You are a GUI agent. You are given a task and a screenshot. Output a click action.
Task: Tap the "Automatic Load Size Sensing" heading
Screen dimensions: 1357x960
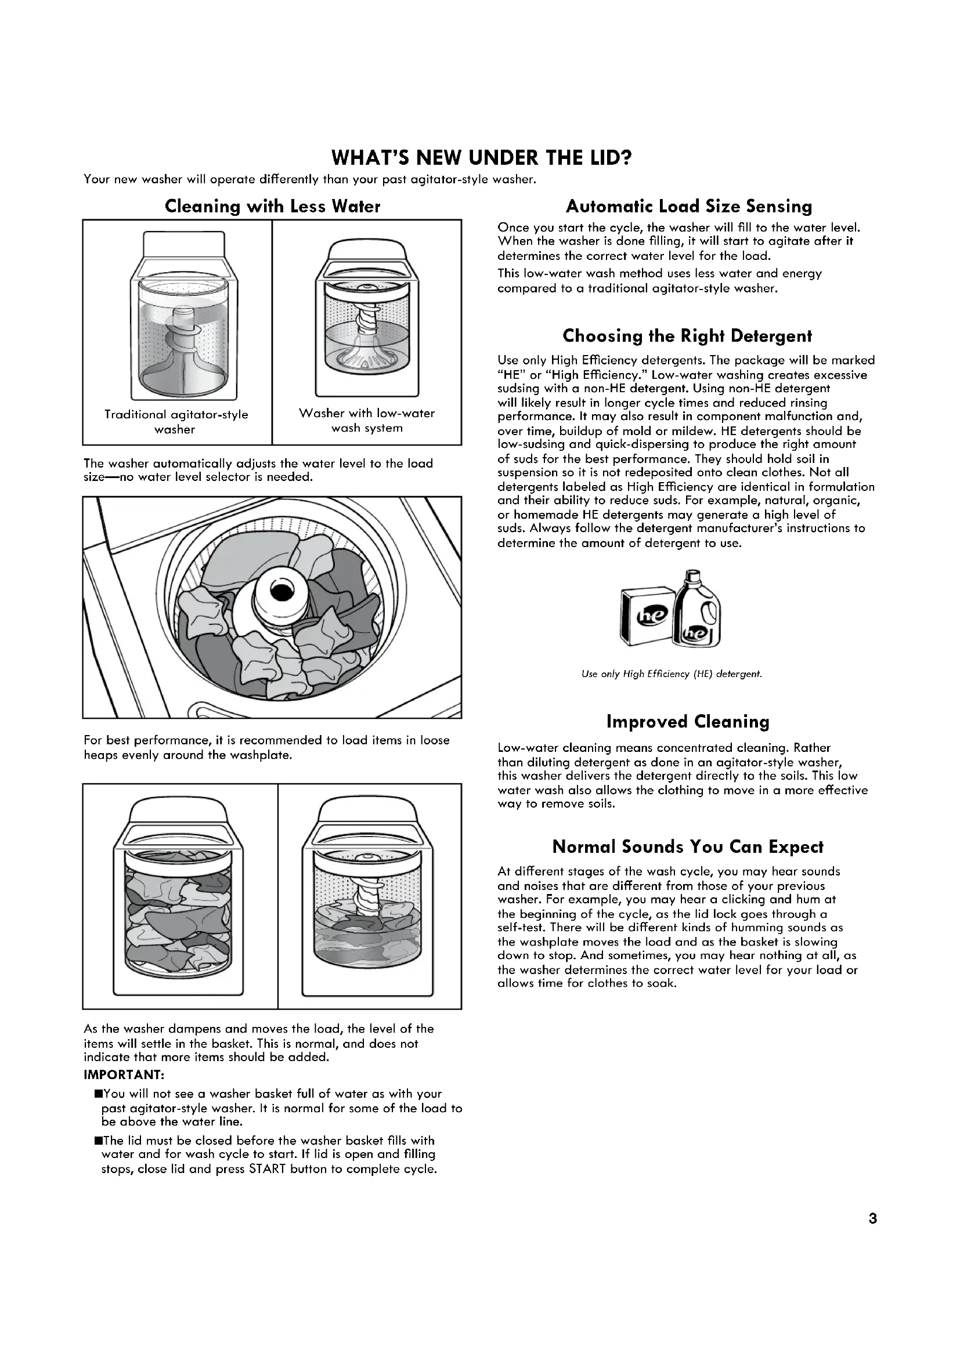coord(689,207)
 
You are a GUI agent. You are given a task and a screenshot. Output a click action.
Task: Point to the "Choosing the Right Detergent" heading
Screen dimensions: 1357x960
coord(687,336)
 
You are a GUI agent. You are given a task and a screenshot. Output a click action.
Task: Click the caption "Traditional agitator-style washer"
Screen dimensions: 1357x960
coord(176,421)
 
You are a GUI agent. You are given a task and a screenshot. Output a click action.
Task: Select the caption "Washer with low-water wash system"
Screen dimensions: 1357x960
coord(366,420)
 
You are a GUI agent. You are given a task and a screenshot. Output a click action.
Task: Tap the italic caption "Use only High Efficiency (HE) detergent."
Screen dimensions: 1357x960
coord(672,674)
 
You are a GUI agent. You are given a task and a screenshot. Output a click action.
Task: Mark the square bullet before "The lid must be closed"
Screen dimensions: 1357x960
coord(98,1141)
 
